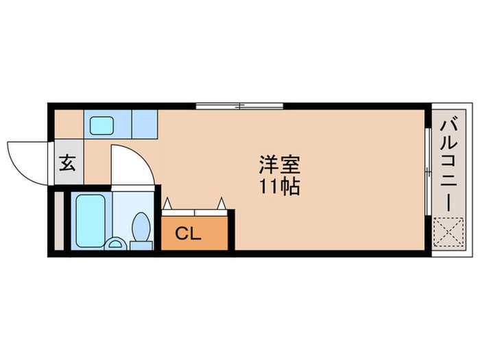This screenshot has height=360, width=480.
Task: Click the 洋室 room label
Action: (x=279, y=165)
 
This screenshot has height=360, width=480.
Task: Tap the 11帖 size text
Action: (x=279, y=186)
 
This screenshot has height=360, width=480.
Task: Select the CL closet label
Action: (x=187, y=233)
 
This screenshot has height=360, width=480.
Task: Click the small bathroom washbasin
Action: (x=115, y=243)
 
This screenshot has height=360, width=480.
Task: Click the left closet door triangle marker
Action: (x=167, y=203)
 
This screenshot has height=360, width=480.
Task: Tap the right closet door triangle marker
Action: (x=221, y=203)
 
